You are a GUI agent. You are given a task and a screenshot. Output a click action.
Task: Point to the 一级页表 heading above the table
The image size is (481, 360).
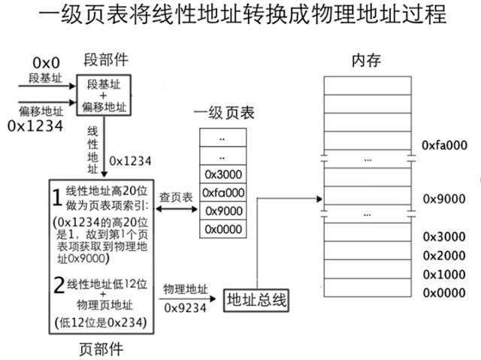pyautogui.click(x=224, y=113)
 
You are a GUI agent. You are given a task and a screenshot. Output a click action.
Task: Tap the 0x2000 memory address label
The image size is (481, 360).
pyautogui.click(x=443, y=256)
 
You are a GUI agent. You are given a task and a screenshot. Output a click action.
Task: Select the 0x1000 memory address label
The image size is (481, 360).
pyautogui.click(x=443, y=274)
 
